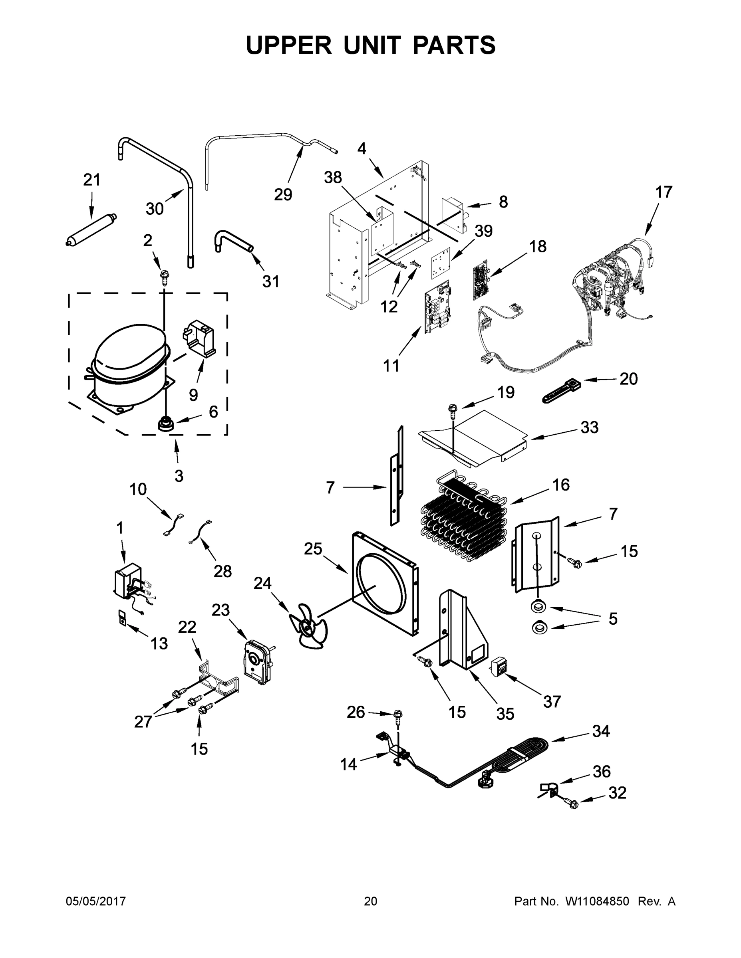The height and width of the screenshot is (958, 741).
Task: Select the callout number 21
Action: click(92, 180)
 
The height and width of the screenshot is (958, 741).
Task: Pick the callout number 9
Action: click(193, 395)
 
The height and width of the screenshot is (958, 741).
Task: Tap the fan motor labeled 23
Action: click(257, 662)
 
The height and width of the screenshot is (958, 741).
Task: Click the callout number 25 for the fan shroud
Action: click(314, 549)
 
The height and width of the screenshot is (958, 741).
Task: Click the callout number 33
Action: click(590, 427)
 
